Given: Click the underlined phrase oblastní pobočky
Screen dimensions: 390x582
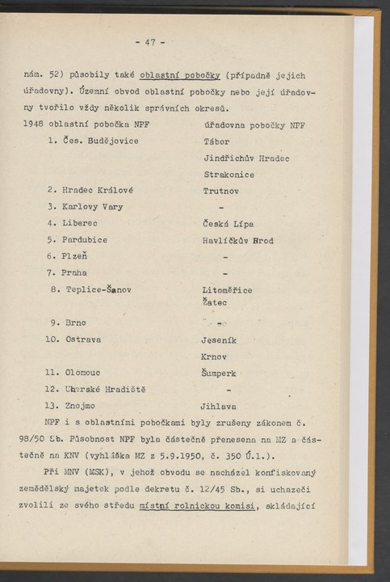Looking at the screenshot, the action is pyautogui.click(x=180, y=75).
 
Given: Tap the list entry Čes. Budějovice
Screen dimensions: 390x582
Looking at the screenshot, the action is pyautogui.click(x=101, y=141).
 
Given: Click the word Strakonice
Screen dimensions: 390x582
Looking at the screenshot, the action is pyautogui.click(x=229, y=175).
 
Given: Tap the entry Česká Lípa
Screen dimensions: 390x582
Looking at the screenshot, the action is pyautogui.click(x=229, y=224).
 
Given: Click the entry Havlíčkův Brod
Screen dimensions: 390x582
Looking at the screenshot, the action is pyautogui.click(x=238, y=240).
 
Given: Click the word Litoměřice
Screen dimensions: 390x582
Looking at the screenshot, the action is pyautogui.click(x=228, y=289).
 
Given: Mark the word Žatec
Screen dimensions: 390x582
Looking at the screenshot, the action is pyautogui.click(x=215, y=302).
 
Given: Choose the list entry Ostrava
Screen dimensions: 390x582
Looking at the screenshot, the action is pyautogui.click(x=83, y=339).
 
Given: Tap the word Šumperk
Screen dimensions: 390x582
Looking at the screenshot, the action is pyautogui.click(x=220, y=373).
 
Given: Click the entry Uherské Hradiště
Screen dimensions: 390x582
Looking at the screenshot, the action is pyautogui.click(x=105, y=390).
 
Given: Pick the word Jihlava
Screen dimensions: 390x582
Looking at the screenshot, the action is pyautogui.click(x=218, y=406).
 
